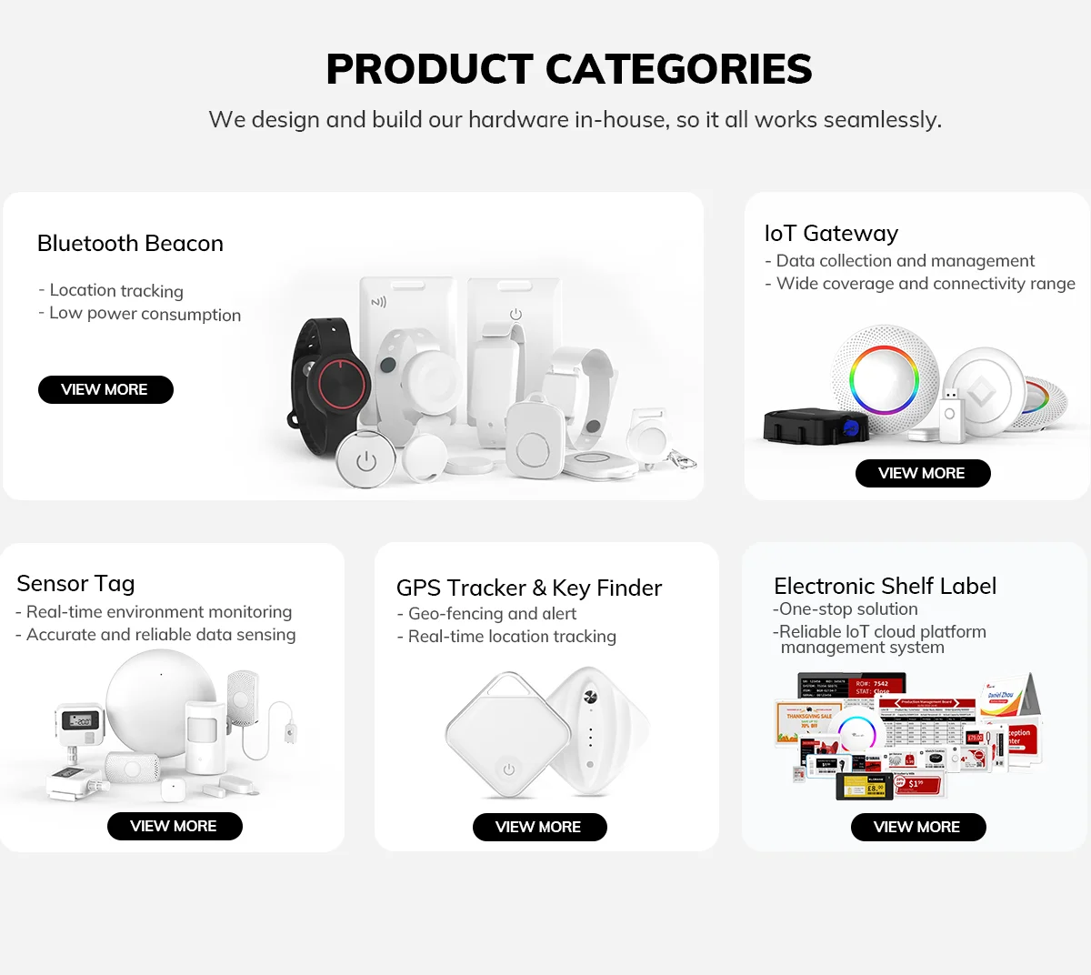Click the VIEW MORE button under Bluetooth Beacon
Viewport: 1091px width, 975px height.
pyautogui.click(x=105, y=389)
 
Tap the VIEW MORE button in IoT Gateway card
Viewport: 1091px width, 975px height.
pyautogui.click(x=922, y=473)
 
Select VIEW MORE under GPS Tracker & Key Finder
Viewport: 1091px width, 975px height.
pyautogui.click(x=539, y=827)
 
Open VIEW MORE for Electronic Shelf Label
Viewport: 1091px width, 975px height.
pyautogui.click(x=917, y=827)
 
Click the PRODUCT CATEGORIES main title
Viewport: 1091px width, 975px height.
pyautogui.click(x=569, y=70)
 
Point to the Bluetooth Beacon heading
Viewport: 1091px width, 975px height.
pyautogui.click(x=130, y=244)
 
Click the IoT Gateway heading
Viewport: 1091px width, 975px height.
pyautogui.click(x=831, y=234)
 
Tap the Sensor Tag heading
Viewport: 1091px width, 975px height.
pyautogui.click(x=75, y=584)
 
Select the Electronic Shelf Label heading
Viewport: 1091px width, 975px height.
pyautogui.click(x=885, y=587)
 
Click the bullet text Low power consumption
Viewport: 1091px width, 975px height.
pyautogui.click(x=145, y=315)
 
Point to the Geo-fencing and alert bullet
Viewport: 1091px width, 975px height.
pyautogui.click(x=492, y=614)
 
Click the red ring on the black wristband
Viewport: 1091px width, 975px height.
pyautogui.click(x=343, y=386)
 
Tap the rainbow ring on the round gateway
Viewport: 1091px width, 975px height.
pyautogui.click(x=884, y=379)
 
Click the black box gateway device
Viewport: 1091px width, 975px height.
pyautogui.click(x=811, y=426)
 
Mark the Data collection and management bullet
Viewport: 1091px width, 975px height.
pyautogui.click(x=905, y=261)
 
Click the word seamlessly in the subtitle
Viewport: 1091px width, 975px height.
pyautogui.click(x=881, y=120)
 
